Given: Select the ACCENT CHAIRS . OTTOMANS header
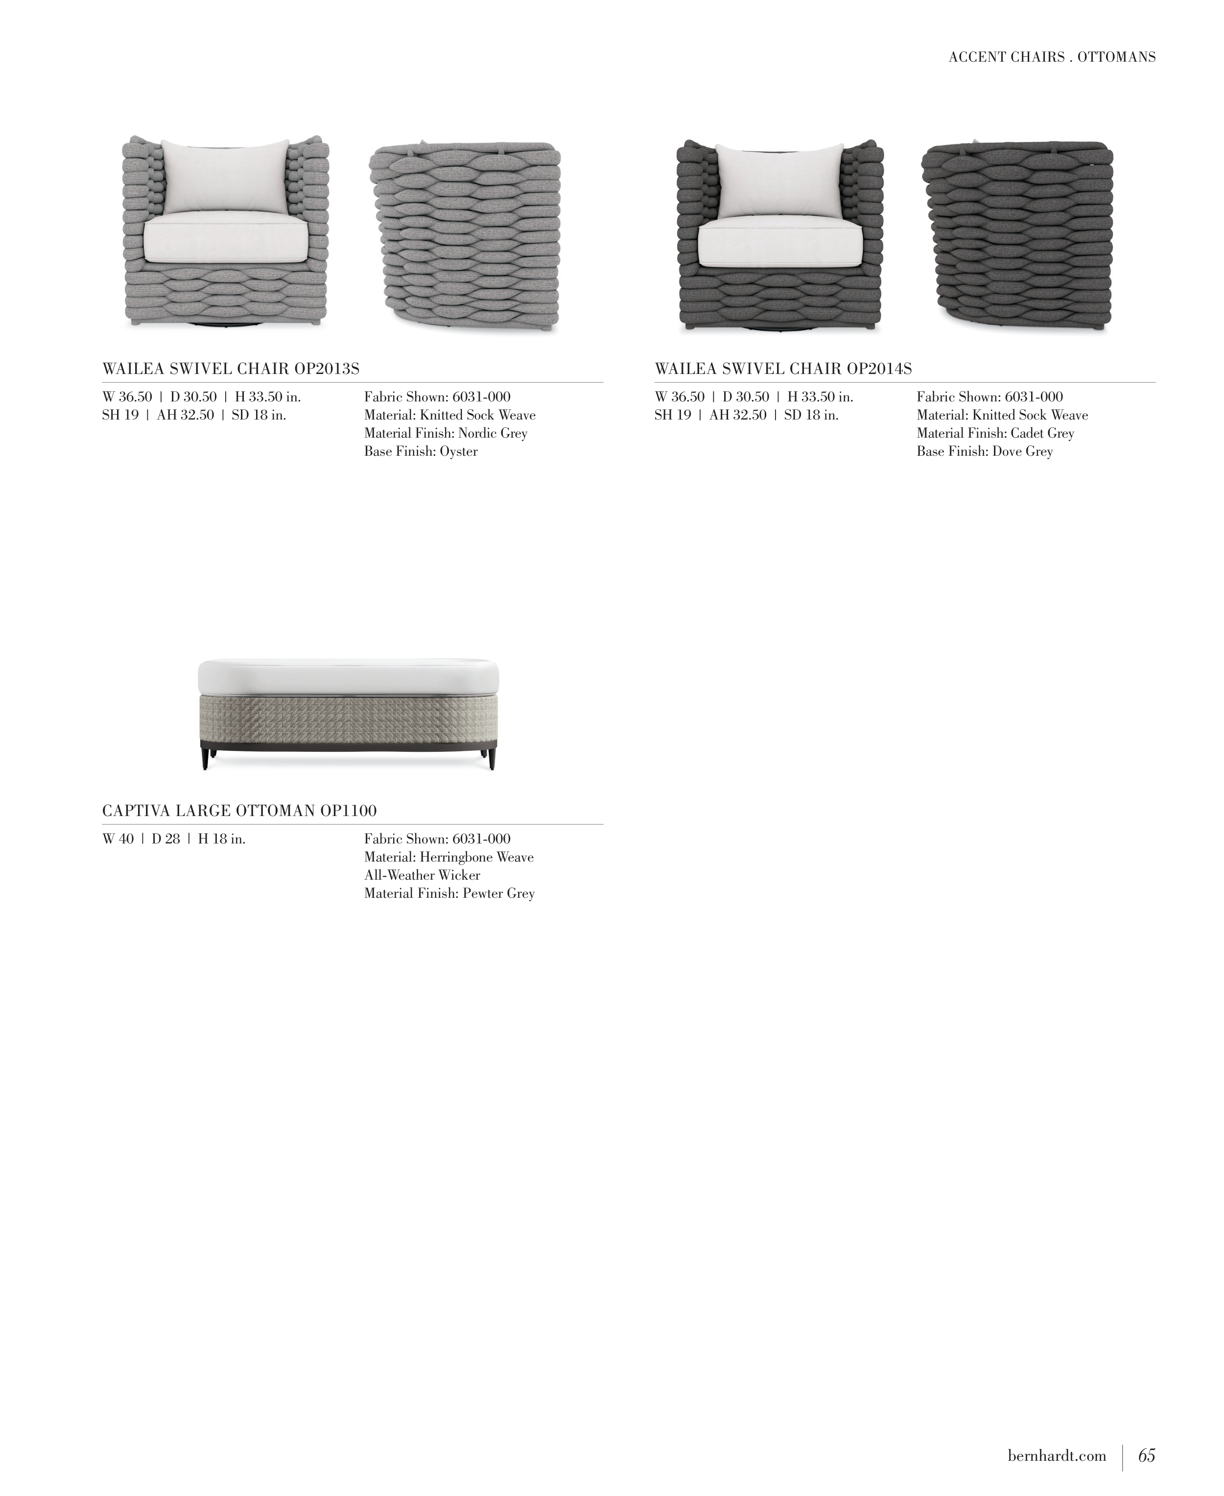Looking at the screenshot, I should point(1052,57).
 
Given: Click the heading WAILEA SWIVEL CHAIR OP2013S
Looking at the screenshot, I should point(231,369).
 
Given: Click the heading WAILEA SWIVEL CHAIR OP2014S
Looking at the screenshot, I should point(783,369).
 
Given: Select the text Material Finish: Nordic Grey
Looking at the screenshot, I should point(446,434).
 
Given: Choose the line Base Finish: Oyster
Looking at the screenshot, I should point(421,452).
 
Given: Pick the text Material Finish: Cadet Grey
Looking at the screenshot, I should point(995,434).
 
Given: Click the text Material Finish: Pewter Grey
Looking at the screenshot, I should point(449,894).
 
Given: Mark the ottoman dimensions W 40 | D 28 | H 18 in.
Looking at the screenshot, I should point(174,840).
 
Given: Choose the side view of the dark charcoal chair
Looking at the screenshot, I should point(1017,235).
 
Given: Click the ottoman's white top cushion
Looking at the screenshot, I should point(348,677).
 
